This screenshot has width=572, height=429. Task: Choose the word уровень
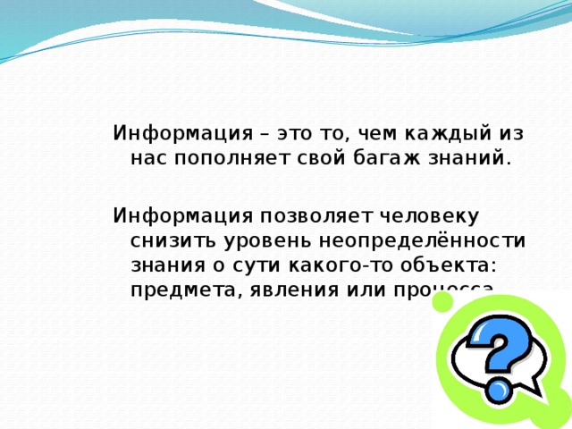tap(260, 240)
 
